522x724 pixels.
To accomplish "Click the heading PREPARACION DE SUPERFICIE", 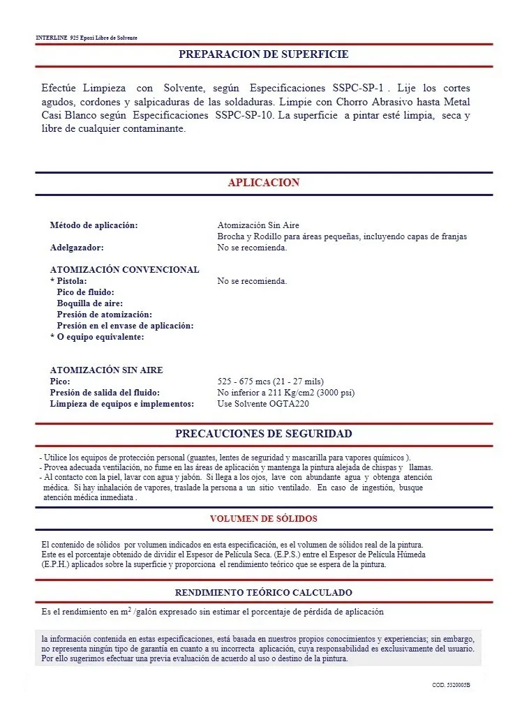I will (x=263, y=54).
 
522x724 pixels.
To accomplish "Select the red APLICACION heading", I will (x=263, y=183).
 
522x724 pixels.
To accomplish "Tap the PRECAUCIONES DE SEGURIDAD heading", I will (x=263, y=434).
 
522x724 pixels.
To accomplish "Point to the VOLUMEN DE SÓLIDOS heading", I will (x=263, y=518).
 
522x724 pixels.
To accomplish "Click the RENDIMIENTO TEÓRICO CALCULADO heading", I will (x=263, y=592).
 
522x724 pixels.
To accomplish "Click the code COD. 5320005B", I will (x=451, y=686).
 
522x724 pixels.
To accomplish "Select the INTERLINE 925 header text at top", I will (x=87, y=38).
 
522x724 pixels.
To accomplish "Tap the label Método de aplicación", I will (x=94, y=225).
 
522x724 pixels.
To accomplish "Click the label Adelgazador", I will (x=77, y=248).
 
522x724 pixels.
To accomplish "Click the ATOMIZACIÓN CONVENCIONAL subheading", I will (x=124, y=270).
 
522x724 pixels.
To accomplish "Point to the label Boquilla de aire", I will (x=89, y=303).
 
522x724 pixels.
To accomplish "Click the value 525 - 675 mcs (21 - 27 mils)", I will (x=271, y=382).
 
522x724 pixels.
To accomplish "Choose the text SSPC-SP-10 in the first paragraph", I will (x=245, y=114).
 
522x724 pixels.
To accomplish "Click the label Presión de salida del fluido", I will (x=105, y=393).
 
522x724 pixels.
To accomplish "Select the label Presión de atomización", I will (x=104, y=315).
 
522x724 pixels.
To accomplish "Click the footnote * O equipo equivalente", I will (x=97, y=337).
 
